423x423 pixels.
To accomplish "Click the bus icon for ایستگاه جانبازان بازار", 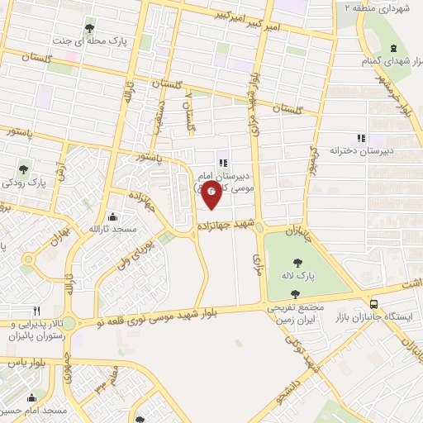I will coord(375,304).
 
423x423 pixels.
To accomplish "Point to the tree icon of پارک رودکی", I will coord(23,171).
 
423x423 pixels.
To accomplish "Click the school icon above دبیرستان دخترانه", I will coord(359,138).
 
